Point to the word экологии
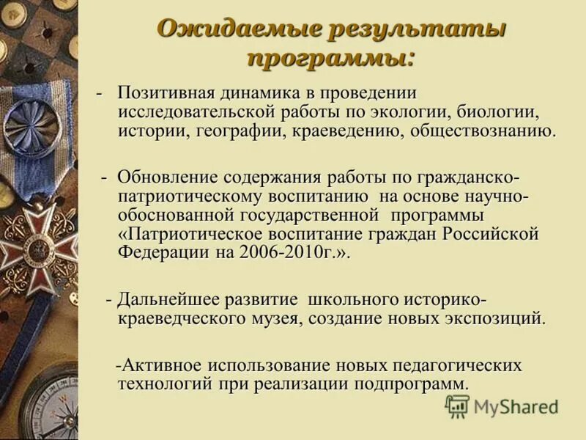(413, 113)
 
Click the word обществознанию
(484, 132)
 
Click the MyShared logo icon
(457, 406)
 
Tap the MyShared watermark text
(516, 407)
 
